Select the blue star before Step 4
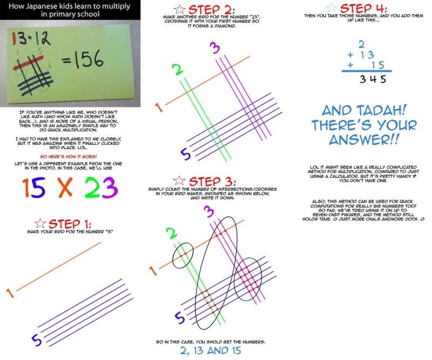coord(332,8)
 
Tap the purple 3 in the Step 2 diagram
coord(215,49)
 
